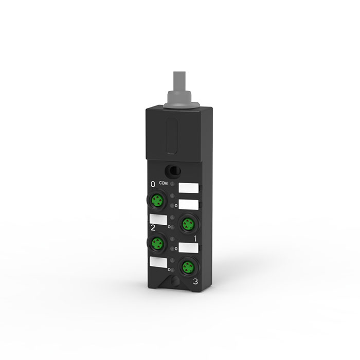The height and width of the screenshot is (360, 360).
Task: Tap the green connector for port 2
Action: pyautogui.click(x=157, y=244)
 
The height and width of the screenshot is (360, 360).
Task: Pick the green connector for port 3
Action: pyautogui.click(x=188, y=267)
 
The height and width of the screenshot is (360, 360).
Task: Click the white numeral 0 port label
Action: pyautogui.click(x=153, y=184)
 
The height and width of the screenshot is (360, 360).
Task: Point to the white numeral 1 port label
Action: pyautogui.click(x=195, y=239)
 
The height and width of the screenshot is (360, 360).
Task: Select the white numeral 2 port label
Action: pyautogui.click(x=153, y=228)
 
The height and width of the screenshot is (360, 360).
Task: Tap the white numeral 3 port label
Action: pyautogui.click(x=195, y=281)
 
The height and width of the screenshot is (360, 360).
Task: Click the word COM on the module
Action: pyautogui.click(x=163, y=183)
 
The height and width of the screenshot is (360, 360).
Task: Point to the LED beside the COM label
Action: pyautogui.click(x=172, y=184)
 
